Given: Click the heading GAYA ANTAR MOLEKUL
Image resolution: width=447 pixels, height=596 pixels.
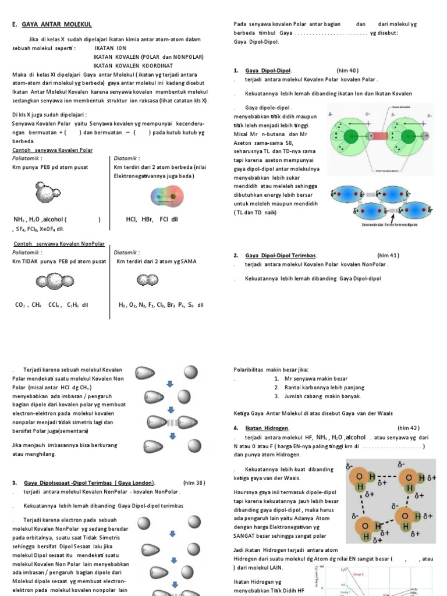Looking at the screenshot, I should tap(56, 24).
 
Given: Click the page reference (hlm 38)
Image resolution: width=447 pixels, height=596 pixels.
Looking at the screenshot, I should tap(194, 483).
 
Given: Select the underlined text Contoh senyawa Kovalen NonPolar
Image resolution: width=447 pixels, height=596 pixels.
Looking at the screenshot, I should tap(59, 244).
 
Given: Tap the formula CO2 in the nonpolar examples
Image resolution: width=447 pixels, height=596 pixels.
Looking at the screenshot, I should tap(20, 304).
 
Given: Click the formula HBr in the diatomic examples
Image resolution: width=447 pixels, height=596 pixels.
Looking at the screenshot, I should tap(147, 219).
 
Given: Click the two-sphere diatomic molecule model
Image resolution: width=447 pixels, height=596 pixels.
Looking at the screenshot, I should tap(143, 281).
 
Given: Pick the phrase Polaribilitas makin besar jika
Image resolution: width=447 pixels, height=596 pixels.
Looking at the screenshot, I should tap(271, 370).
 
